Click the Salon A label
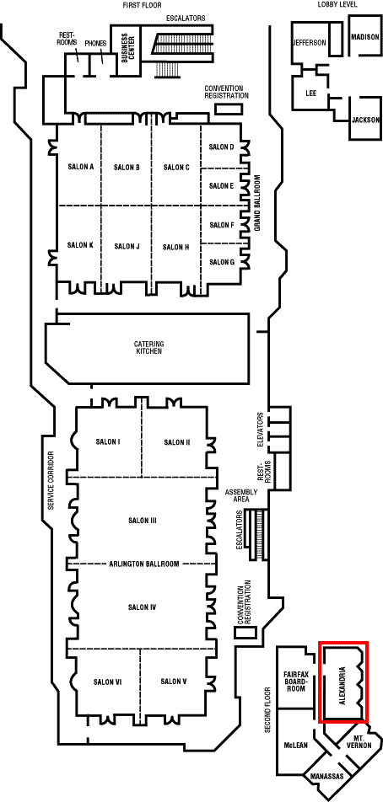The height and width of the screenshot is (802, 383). [81, 167]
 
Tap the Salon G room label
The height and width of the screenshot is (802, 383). [222, 262]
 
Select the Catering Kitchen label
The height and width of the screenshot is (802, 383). [149, 348]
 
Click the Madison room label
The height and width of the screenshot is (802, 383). [365, 37]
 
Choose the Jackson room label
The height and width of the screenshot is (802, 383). [365, 120]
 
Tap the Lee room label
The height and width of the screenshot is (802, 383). [310, 93]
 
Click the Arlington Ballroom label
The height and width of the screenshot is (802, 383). [144, 564]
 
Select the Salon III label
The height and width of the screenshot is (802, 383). [142, 521]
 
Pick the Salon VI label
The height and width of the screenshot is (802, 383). [107, 682]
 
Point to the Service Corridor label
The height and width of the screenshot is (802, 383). [51, 481]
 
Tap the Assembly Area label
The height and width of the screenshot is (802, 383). [241, 495]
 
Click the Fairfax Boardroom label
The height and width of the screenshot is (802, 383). [295, 682]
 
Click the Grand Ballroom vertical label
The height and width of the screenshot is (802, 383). [257, 204]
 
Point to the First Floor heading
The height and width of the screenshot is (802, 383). [142, 5]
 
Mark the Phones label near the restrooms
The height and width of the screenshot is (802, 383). [95, 44]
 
